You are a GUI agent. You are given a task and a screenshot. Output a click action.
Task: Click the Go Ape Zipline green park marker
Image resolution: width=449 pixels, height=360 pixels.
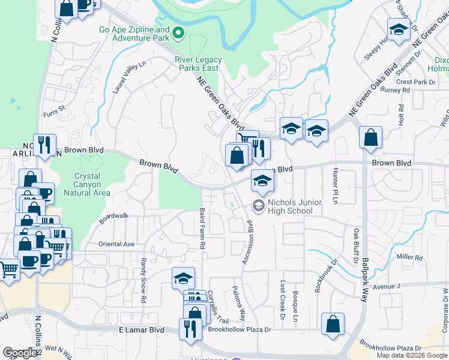pyautogui.click(x=178, y=32)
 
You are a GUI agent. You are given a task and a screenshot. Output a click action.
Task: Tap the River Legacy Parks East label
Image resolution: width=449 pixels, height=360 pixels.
pyautogui.click(x=198, y=64)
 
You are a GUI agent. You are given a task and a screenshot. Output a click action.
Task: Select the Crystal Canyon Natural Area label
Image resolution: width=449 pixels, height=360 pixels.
pyautogui.click(x=92, y=185)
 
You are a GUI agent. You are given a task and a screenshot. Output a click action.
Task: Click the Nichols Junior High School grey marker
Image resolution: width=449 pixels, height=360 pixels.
pyautogui.click(x=259, y=206)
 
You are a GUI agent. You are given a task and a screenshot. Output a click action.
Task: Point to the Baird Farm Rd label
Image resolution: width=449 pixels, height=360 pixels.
pyautogui.click(x=202, y=229)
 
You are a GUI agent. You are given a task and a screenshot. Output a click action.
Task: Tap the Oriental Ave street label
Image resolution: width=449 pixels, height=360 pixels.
pyautogui.click(x=116, y=244)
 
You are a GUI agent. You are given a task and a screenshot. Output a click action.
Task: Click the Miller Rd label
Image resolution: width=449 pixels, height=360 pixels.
pyautogui.click(x=410, y=257)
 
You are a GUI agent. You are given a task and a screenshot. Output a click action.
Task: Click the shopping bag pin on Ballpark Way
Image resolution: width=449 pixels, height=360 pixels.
pyautogui.click(x=371, y=137)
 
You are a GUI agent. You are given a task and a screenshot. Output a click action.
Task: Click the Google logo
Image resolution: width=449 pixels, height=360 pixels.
pyautogui.click(x=20, y=353)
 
